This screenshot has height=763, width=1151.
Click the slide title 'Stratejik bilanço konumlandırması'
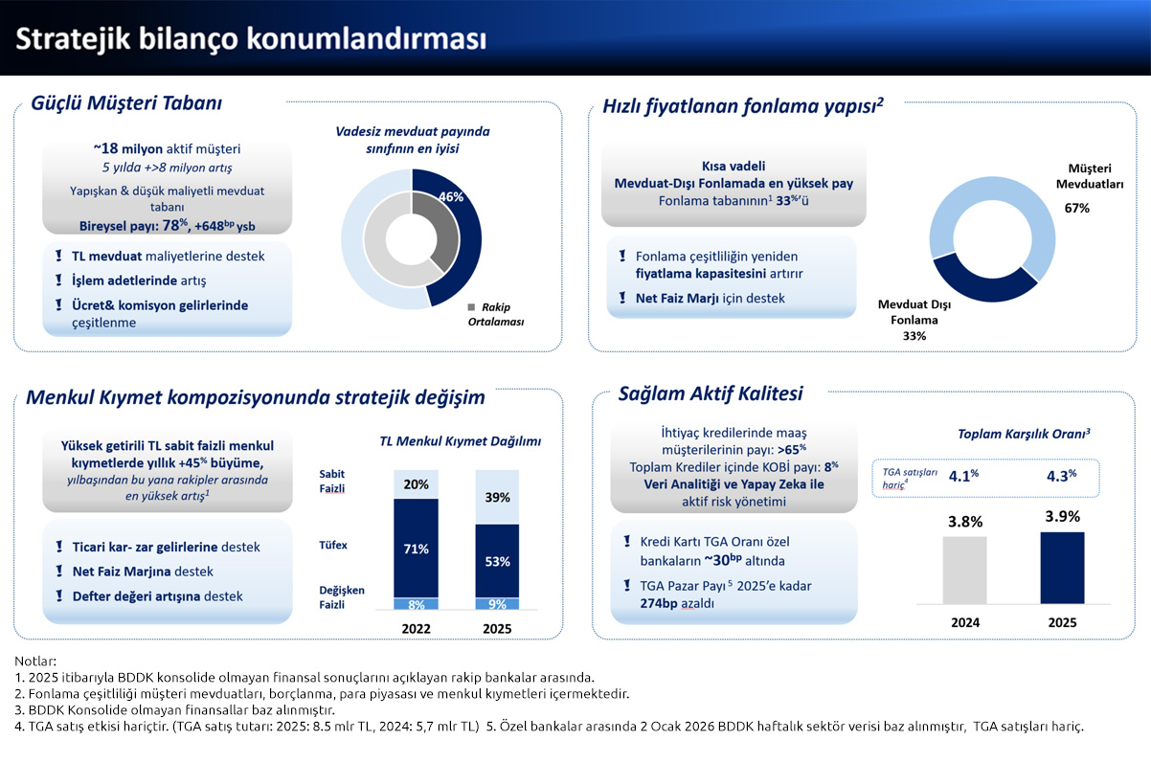pos(251,38)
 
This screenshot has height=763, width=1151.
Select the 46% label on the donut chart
pos(450,196)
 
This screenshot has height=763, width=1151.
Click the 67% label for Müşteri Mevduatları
pos(1076,208)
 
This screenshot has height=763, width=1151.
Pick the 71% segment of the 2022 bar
pos(416,548)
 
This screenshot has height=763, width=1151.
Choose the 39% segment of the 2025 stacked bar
pos(498,498)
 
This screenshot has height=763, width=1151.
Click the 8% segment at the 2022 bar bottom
pos(416,604)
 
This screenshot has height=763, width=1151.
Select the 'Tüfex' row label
pos(332,545)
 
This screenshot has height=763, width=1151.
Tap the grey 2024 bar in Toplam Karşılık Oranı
pos(964,570)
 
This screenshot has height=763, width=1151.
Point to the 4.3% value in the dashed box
pos(1059,474)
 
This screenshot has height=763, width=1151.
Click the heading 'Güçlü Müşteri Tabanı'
pos(126,102)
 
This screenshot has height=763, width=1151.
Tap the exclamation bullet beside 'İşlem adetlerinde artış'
pos(58,281)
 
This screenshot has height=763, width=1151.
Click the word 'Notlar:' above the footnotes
pos(35,661)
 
